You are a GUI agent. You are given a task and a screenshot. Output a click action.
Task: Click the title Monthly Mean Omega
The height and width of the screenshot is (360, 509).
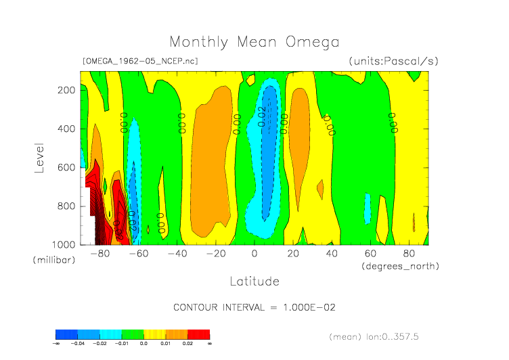[x=254, y=43]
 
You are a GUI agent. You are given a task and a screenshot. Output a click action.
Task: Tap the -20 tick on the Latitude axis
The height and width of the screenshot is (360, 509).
[x=215, y=254]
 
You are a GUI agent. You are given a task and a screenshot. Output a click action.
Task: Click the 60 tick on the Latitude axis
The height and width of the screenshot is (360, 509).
[x=370, y=254]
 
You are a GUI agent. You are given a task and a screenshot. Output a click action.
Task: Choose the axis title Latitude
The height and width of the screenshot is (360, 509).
[x=254, y=281]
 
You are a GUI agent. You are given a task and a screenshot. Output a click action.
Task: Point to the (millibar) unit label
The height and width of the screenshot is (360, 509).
[x=52, y=260]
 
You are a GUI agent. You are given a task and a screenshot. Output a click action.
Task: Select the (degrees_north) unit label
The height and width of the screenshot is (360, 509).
[x=399, y=266]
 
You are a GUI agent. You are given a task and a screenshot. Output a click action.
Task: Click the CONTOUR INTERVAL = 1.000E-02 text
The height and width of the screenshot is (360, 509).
[x=255, y=307]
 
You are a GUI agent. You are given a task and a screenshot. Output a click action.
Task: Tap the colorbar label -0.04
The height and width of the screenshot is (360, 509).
[x=77, y=343]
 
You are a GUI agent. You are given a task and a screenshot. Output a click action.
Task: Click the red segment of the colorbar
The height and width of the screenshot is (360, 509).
[x=198, y=334]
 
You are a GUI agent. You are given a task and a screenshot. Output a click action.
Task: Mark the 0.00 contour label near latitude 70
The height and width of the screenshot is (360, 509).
[x=392, y=123]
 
